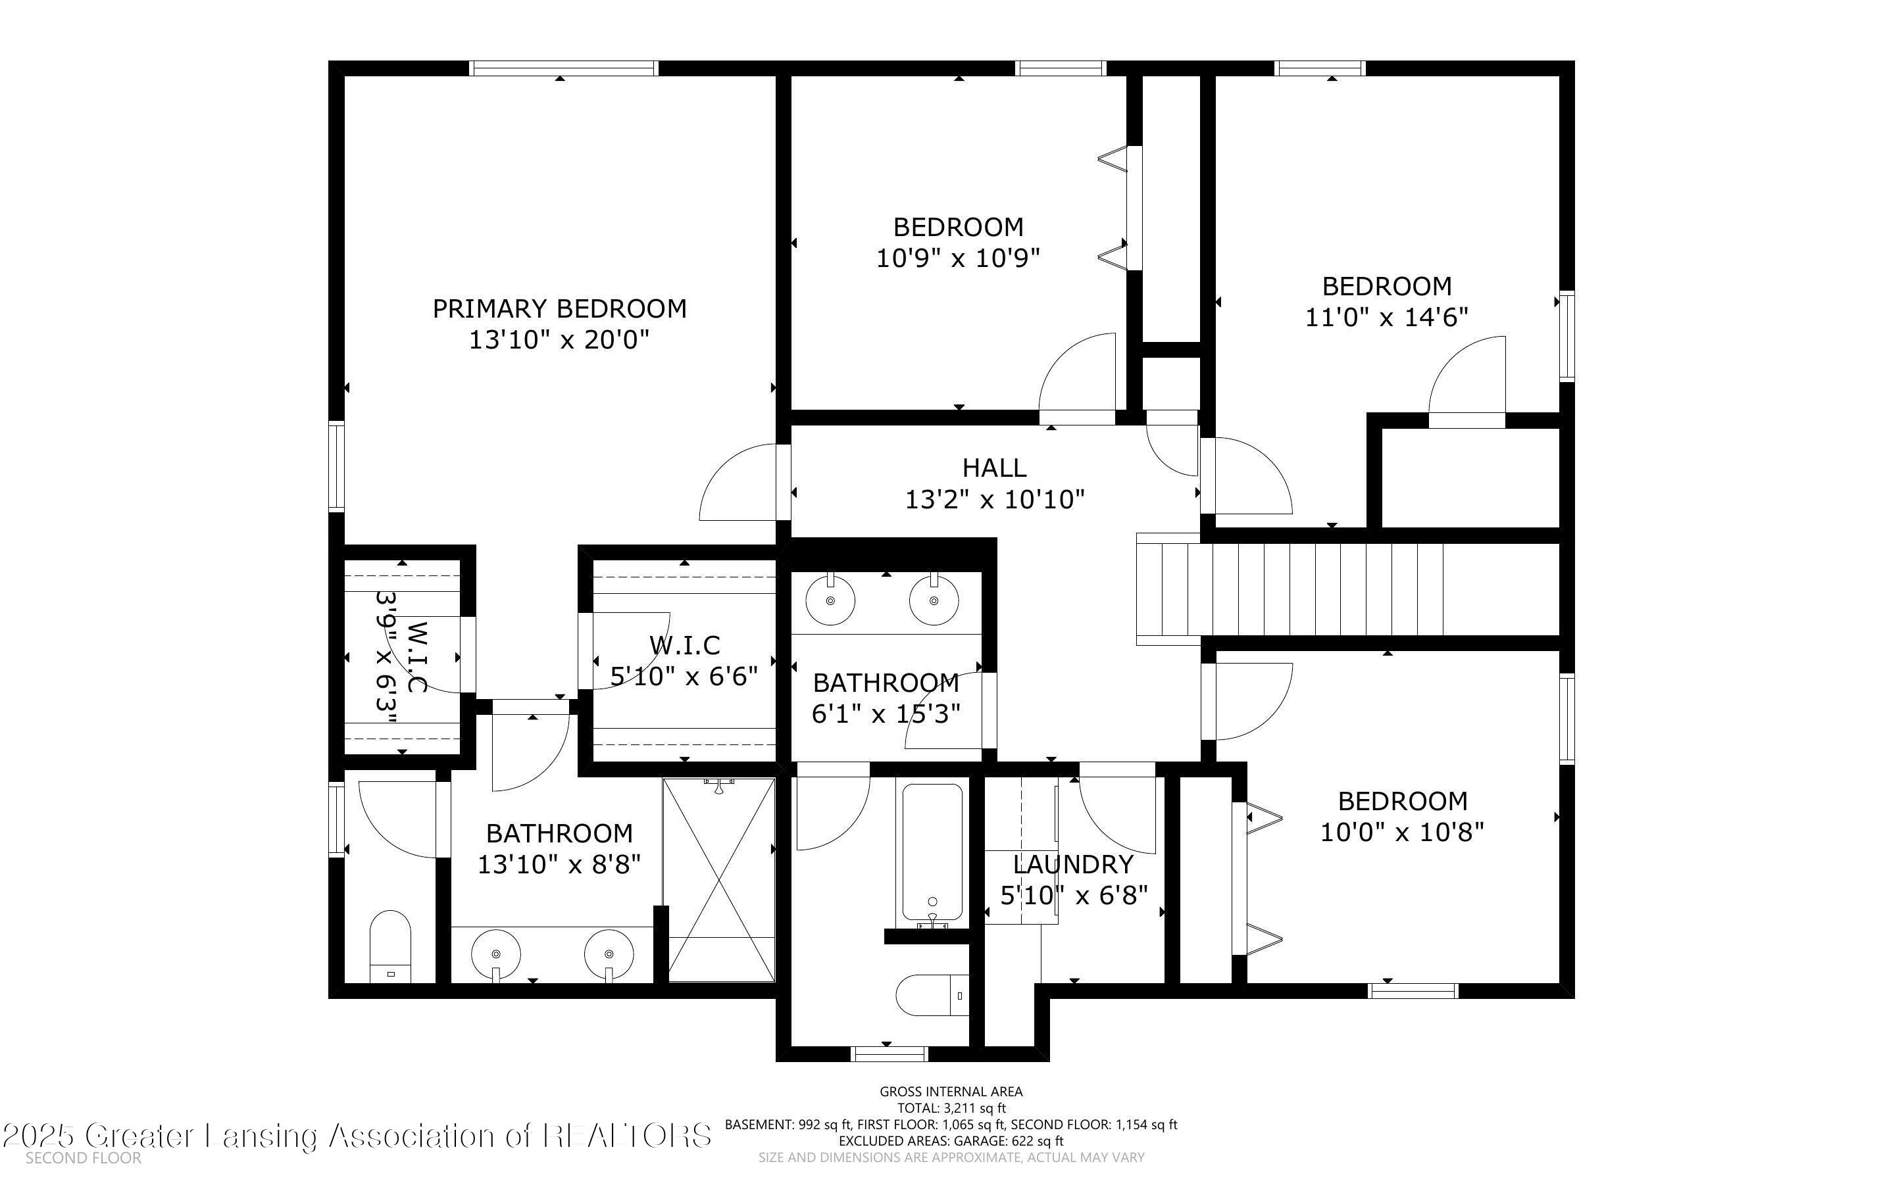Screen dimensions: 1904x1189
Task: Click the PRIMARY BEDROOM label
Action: point(559,308)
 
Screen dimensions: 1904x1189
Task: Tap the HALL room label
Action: point(994,468)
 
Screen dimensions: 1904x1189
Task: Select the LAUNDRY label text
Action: point(1072,864)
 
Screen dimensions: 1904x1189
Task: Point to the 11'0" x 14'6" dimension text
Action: point(1386,318)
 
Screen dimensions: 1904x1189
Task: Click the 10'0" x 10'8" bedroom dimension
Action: point(1402,832)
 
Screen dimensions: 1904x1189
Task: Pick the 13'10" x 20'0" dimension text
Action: point(559,340)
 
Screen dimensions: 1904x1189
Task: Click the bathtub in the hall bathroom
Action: point(932,852)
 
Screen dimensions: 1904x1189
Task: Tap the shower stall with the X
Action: point(719,879)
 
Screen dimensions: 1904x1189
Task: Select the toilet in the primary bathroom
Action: point(391,947)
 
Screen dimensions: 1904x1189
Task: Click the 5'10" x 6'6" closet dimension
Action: point(684,676)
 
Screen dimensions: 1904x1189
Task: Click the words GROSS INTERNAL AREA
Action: point(951,1092)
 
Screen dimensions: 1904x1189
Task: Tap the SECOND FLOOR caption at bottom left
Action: point(84,1157)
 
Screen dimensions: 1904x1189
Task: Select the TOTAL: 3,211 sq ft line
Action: point(951,1108)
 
